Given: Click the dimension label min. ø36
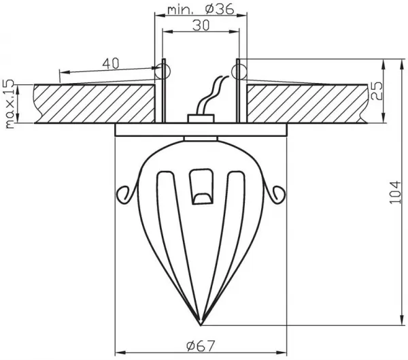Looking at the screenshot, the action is (201, 9).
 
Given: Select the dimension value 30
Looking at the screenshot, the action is (201, 26).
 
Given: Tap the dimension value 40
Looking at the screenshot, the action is (111, 63).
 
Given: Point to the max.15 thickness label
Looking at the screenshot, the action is (10, 104).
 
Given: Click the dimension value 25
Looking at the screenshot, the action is (377, 91).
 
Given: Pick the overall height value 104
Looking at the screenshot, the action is (394, 192).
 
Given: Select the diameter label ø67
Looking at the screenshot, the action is (201, 346).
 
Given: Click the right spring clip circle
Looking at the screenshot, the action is (239, 71).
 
